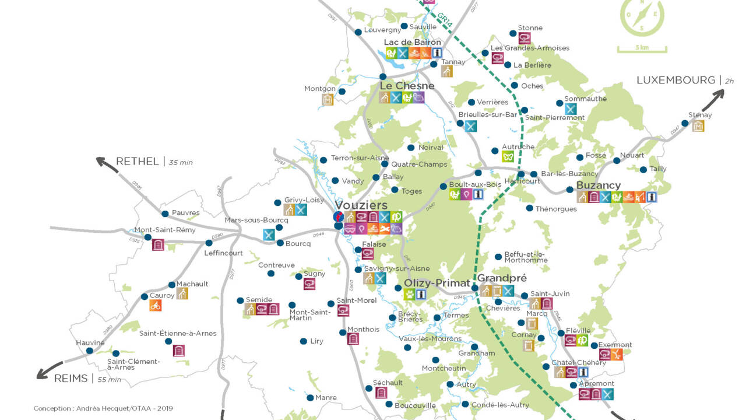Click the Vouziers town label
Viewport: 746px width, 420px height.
[x=361, y=205]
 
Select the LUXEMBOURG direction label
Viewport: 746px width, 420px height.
[x=675, y=80]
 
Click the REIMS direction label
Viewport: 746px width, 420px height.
[x=71, y=379]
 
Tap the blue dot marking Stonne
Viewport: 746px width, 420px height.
[x=512, y=33]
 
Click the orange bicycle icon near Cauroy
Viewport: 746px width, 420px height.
[x=155, y=305]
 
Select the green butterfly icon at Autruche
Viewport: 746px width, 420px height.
[x=508, y=156]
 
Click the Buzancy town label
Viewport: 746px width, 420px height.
[x=598, y=185]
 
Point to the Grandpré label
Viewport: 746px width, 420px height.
[x=502, y=278]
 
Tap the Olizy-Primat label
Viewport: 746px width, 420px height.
[x=437, y=283]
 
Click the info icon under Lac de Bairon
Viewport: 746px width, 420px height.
[x=437, y=53]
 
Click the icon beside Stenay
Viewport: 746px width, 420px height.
[x=698, y=125]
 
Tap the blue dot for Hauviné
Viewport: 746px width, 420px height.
[x=89, y=351]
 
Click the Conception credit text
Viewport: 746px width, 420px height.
[x=103, y=408]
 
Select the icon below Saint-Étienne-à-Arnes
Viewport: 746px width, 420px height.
[x=178, y=351]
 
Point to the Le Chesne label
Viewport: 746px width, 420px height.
[x=407, y=86]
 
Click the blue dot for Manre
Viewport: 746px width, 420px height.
[x=310, y=398]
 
